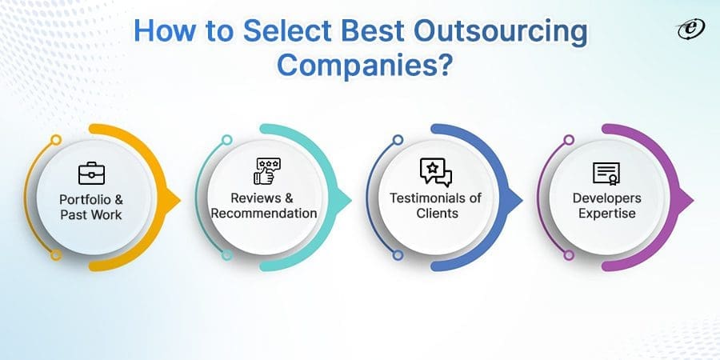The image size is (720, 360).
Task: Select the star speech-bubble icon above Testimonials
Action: click(435, 171)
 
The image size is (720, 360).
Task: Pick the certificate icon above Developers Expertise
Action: click(606, 172)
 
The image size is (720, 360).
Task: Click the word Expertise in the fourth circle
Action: click(606, 214)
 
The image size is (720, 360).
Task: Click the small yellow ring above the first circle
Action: click(55, 140)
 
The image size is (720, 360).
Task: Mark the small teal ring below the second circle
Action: click(226, 255)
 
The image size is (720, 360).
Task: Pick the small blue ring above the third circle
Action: click(398, 140)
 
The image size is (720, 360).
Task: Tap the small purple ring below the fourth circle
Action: click(569, 255)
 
